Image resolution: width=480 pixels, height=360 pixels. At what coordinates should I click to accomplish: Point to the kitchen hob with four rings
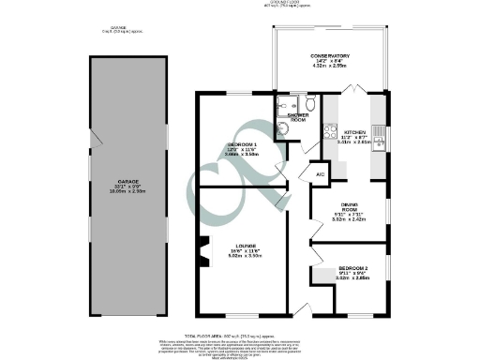pyautogui.click(x=329, y=132)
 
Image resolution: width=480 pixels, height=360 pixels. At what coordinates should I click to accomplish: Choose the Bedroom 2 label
pyautogui.click(x=354, y=274)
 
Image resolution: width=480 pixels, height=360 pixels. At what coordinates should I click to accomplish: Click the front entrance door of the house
pyautogui.click(x=299, y=310)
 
